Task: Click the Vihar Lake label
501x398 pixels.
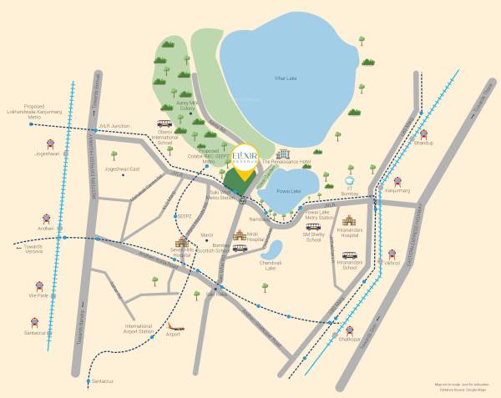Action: click(x=286, y=78)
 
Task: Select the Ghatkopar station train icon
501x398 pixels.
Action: click(x=350, y=331)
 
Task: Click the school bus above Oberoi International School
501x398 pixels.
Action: click(x=164, y=124)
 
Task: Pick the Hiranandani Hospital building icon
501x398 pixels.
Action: click(x=348, y=222)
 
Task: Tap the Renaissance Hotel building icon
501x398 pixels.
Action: click(x=283, y=154)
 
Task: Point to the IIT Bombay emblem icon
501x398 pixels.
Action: click(x=351, y=179)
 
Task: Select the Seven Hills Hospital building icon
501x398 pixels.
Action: click(x=182, y=242)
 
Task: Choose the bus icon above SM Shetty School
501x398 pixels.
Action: click(x=313, y=226)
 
